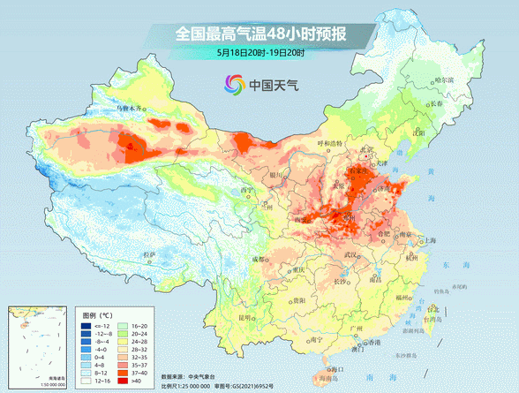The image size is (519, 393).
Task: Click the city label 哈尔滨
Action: (451, 80)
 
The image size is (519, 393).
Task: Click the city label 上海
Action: (431, 240)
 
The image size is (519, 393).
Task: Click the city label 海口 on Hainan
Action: (336, 368)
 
